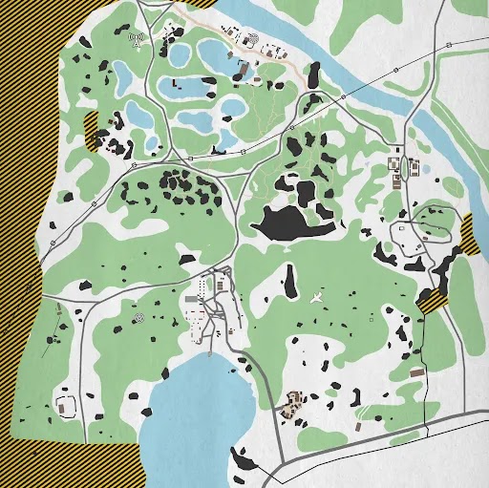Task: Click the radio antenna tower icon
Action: click(136, 40)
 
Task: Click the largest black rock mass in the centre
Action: click(287, 223)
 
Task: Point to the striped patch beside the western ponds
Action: click(93, 131)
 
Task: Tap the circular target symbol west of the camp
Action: click(140, 314)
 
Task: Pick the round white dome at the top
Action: click(253, 41)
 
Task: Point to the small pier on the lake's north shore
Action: click(210, 353)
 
